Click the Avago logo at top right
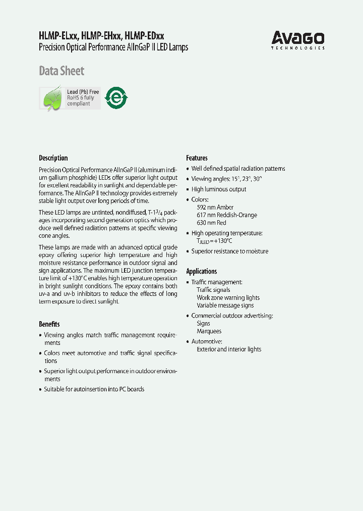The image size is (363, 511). pos(298,39)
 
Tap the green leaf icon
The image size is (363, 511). pos(52,98)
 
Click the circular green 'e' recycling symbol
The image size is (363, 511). pos(116,98)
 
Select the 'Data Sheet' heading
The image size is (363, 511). pos(62,71)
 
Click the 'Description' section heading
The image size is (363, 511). pos(53,158)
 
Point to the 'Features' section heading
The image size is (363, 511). pos(197,158)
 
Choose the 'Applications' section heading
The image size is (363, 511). pos(201,271)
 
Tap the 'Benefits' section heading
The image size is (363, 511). pos(49,324)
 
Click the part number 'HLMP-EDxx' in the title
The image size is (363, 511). pos(144,36)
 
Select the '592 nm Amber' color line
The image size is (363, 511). pos(215,208)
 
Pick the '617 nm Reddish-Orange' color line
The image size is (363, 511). pos(226,215)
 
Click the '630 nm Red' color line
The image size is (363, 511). pos(211,223)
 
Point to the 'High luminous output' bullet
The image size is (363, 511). pos(219,189)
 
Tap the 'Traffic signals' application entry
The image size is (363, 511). pos(213,290)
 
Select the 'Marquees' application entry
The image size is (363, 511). pos(209,331)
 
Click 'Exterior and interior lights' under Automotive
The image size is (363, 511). pos(229,349)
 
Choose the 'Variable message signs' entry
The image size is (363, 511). pos(225,305)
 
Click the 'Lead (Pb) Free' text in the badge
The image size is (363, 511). pos(83,92)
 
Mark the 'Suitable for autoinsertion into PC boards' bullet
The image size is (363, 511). pos(94,389)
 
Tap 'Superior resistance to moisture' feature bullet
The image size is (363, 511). pos(229,251)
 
